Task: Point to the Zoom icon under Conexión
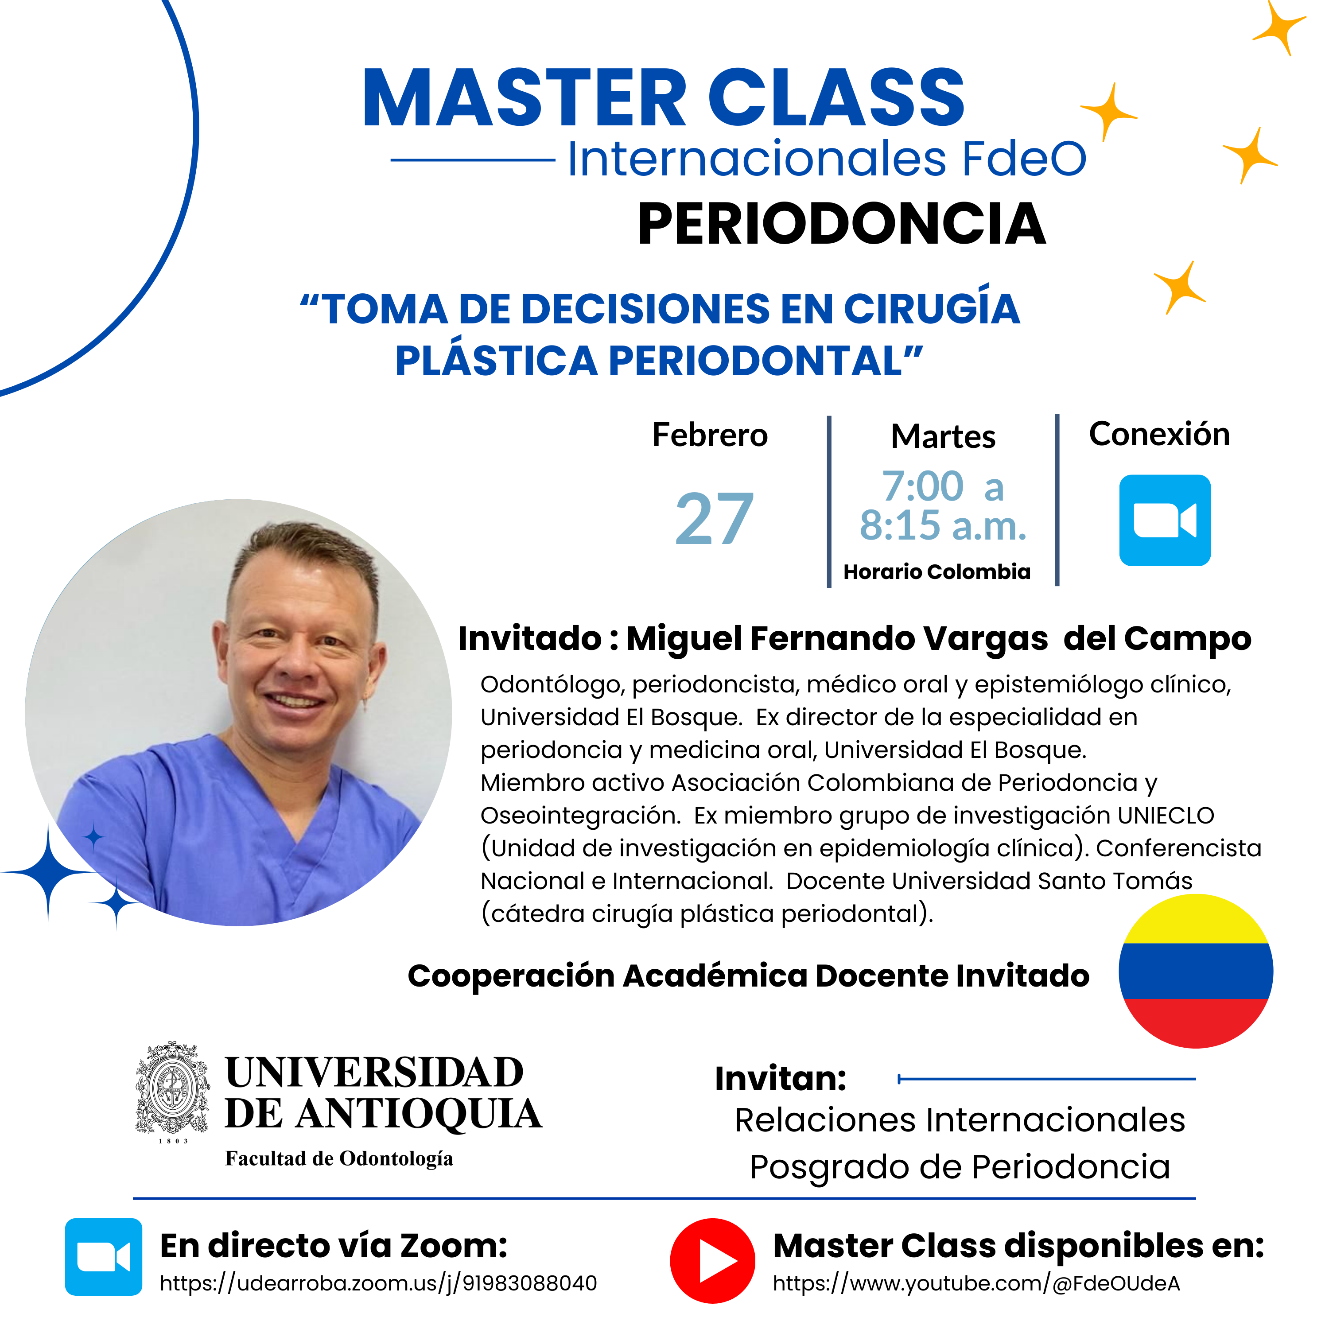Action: (1165, 520)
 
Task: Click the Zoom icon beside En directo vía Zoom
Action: (104, 1257)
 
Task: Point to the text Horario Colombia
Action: (937, 571)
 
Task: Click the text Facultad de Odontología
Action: (339, 1158)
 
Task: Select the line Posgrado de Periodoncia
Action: (960, 1167)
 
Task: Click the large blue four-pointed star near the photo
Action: (48, 872)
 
